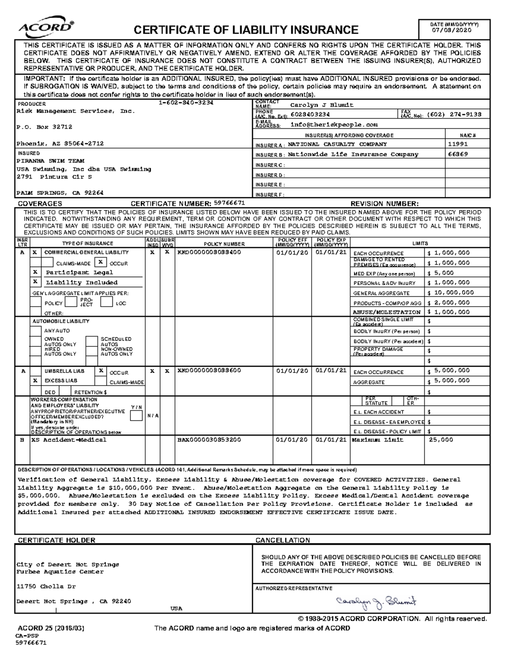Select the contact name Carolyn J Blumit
(322, 105)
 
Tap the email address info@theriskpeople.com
(334, 125)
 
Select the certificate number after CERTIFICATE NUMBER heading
(229, 203)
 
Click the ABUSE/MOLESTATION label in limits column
(387, 312)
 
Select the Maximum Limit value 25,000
(441, 440)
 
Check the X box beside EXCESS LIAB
(36, 381)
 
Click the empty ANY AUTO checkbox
(36, 331)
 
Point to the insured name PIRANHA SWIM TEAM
(50, 161)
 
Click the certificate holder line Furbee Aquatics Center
(60, 572)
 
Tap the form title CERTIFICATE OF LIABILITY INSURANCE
(246, 30)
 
